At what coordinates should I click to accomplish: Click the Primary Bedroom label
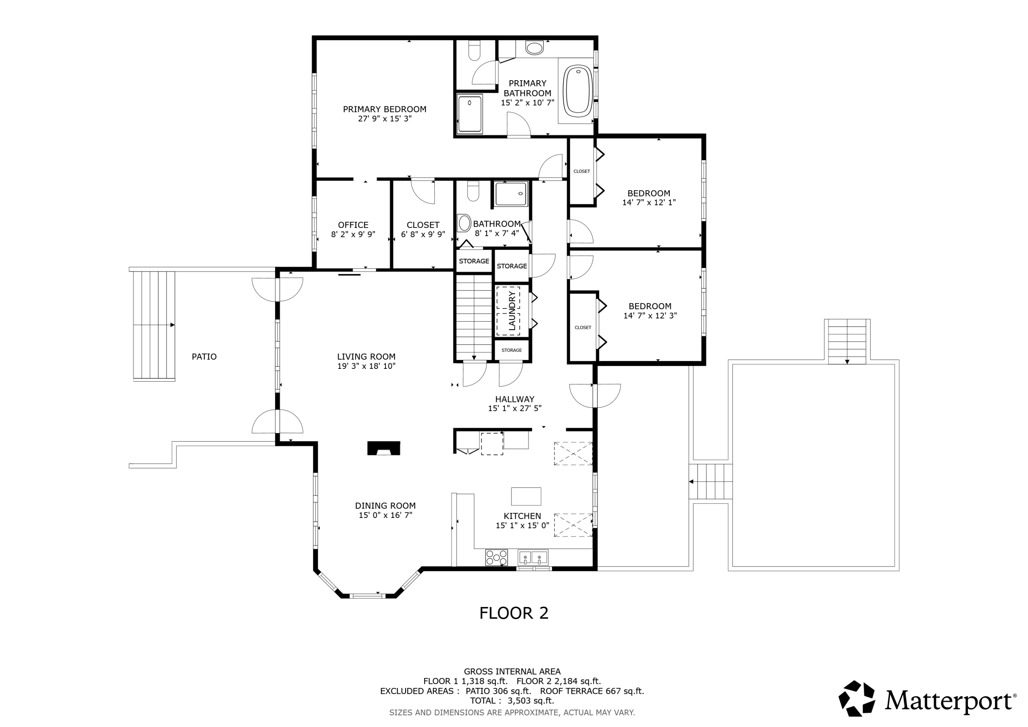click(x=384, y=109)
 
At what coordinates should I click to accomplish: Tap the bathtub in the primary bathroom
click(x=578, y=90)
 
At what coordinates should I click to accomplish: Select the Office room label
click(x=353, y=225)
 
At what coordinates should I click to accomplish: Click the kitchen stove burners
click(x=497, y=558)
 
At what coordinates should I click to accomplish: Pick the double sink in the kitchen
click(x=533, y=558)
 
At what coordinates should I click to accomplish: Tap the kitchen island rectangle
click(x=526, y=496)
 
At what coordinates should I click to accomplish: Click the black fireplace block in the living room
click(x=384, y=448)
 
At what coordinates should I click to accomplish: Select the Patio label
click(x=204, y=356)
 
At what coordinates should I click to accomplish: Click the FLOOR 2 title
click(x=514, y=613)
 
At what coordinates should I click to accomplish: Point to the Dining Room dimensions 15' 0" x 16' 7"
click(x=385, y=515)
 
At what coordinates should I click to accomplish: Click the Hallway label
click(x=515, y=399)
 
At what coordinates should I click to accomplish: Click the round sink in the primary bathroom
click(x=534, y=48)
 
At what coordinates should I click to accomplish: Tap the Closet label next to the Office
click(x=423, y=225)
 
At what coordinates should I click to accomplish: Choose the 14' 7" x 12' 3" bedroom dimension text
click(x=650, y=315)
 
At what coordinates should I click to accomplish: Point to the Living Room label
click(x=366, y=356)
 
